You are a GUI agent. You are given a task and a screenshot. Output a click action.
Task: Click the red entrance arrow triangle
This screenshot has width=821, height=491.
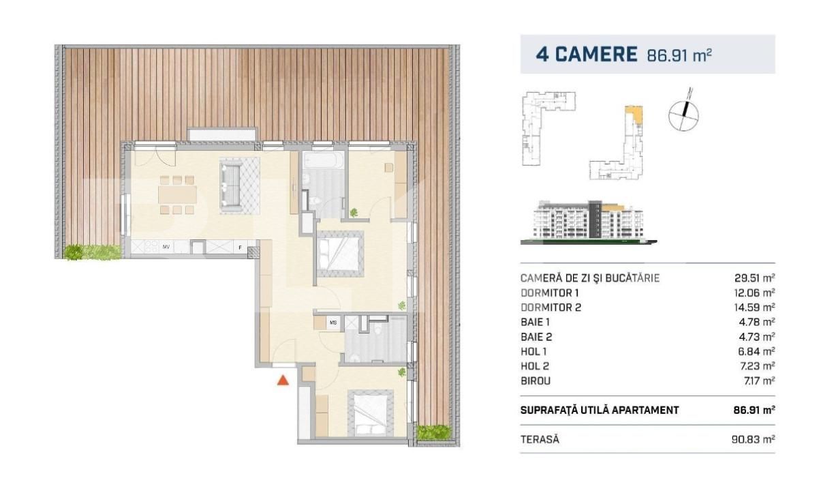pos(283,381)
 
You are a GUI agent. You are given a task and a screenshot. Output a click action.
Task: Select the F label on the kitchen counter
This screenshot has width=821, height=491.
pos(240,246)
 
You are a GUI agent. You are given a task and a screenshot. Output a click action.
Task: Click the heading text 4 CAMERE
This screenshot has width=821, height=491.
pos(586,55)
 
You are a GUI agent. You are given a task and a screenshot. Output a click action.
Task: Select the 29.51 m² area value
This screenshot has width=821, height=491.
pos(756,278)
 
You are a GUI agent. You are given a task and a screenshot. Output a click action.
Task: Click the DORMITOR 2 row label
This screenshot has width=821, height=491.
pos(551,308)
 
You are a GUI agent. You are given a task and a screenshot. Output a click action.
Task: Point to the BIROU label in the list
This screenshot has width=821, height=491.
pos(536,381)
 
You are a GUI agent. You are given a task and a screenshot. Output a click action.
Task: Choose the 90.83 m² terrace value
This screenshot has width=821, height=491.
pos(756,440)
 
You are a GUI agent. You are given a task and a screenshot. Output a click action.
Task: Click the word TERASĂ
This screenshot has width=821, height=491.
pos(539,440)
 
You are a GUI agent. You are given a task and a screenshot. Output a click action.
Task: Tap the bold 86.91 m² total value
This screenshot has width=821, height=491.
pos(753,411)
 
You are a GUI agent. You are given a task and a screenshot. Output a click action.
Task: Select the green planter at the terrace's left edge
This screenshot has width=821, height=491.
pos(93,252)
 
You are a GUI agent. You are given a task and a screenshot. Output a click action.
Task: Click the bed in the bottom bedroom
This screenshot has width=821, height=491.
pos(370,411)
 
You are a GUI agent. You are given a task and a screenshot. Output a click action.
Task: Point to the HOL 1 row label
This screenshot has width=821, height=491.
pos(534,351)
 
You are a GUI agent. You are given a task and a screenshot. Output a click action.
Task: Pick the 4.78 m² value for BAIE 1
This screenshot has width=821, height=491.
pos(759,322)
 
